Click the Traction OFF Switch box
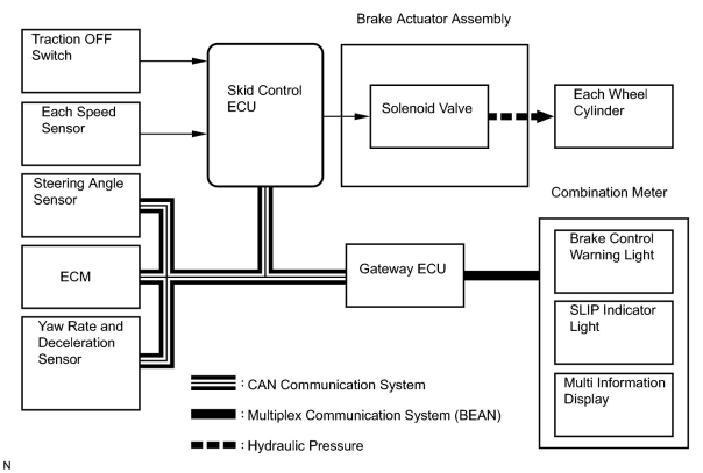(81, 61)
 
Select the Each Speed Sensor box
(81, 134)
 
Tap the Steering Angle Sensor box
(81, 205)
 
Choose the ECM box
(81, 277)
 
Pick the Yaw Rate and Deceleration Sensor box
(81, 363)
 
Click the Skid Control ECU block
(265, 115)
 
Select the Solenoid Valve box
(429, 116)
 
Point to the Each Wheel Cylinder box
(614, 116)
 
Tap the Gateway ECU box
(405, 275)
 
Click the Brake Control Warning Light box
(614, 261)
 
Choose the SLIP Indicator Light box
(614, 332)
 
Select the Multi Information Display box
(614, 404)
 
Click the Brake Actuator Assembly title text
(434, 19)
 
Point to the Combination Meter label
(609, 192)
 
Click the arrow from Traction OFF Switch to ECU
(173, 61)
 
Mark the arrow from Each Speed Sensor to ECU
(173, 134)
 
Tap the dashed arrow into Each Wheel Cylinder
(521, 117)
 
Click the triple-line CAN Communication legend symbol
(213, 383)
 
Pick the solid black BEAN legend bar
(213, 414)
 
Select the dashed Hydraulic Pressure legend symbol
(213, 445)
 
